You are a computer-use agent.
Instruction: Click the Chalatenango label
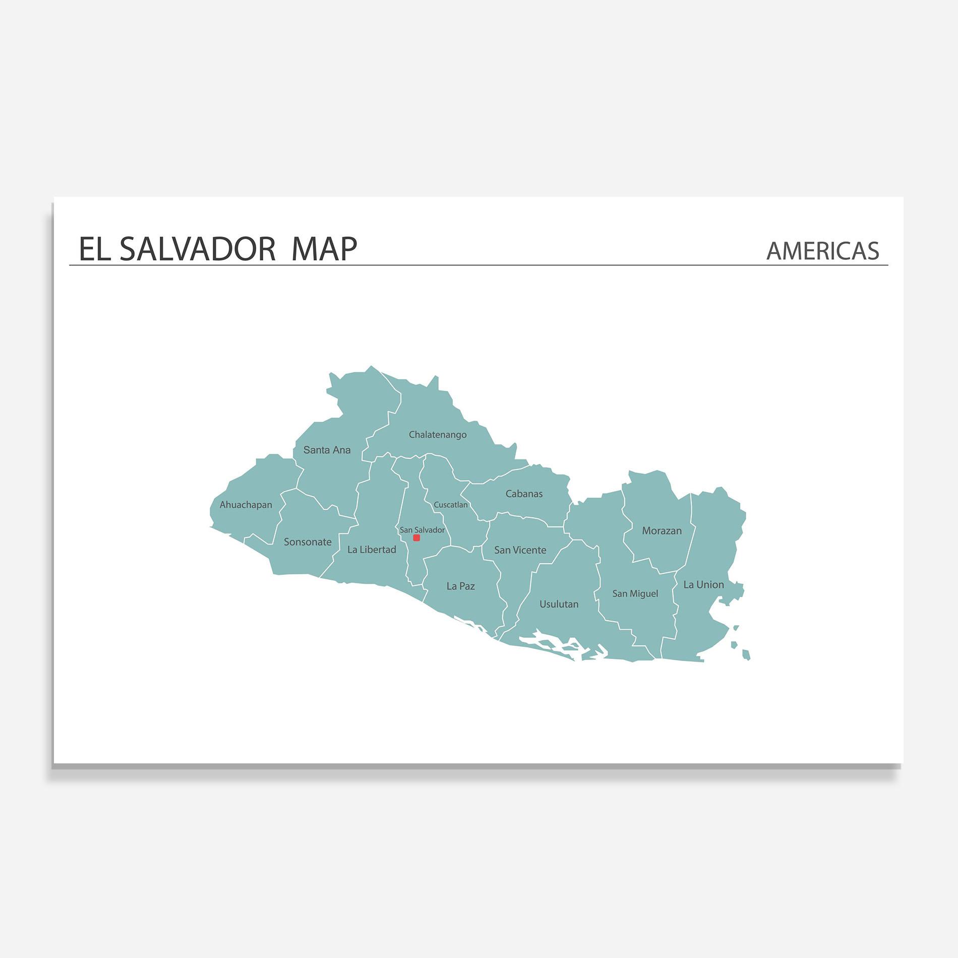click(438, 435)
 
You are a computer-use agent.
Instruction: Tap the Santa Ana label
click(327, 450)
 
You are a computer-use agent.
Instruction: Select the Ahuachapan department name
click(246, 505)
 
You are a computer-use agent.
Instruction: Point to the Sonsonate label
click(308, 542)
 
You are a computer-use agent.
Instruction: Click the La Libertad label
click(372, 550)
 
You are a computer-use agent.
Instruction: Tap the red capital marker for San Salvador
click(416, 538)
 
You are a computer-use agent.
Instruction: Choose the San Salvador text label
click(422, 530)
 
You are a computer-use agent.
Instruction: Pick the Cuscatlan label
click(451, 505)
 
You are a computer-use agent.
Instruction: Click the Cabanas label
click(524, 494)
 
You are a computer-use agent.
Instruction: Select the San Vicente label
click(520, 550)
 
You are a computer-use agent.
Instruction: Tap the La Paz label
click(460, 586)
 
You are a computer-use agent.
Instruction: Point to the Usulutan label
click(559, 604)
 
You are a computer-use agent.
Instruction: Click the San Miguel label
click(635, 594)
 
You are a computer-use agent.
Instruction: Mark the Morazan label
click(662, 531)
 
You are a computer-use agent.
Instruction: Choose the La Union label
click(703, 585)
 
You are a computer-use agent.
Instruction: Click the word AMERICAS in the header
click(822, 251)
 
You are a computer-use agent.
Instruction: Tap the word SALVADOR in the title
click(198, 249)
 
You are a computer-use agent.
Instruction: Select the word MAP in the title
click(324, 249)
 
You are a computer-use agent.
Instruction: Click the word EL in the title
click(94, 249)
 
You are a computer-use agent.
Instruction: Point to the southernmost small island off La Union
click(746, 655)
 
